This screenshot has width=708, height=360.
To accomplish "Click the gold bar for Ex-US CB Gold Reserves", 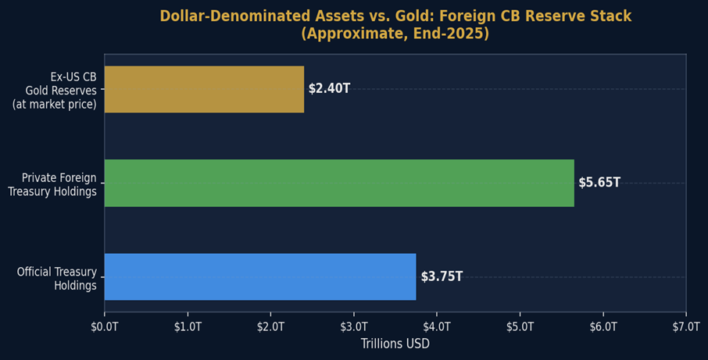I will tap(204, 89).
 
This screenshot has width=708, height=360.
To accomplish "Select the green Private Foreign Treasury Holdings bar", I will tap(339, 183).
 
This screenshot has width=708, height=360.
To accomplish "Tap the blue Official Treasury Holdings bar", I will tap(260, 276).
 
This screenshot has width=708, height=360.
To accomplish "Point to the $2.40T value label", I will tap(329, 89).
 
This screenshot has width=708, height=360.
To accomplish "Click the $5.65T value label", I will tap(599, 183).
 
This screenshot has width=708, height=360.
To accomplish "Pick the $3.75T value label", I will tap(442, 276).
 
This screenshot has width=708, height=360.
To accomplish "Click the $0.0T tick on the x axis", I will tap(105, 326).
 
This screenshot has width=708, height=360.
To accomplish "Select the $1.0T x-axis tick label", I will tap(188, 326).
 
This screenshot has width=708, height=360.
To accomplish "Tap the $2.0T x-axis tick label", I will tap(270, 326).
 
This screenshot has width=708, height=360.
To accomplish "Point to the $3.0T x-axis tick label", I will tap(354, 326).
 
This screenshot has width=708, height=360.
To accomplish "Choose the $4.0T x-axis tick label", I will tap(437, 326).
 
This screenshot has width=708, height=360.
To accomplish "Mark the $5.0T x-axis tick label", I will tap(520, 326).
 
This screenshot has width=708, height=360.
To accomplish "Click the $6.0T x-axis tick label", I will tap(603, 326).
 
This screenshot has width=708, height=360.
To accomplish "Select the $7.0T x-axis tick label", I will tap(685, 326).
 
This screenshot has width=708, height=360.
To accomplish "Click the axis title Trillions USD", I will tap(395, 344).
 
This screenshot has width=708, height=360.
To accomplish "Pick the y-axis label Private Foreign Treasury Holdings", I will tap(52, 184).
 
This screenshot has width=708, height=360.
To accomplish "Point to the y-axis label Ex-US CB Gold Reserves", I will tap(55, 91).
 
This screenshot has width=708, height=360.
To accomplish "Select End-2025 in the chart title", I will tap(458, 34).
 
